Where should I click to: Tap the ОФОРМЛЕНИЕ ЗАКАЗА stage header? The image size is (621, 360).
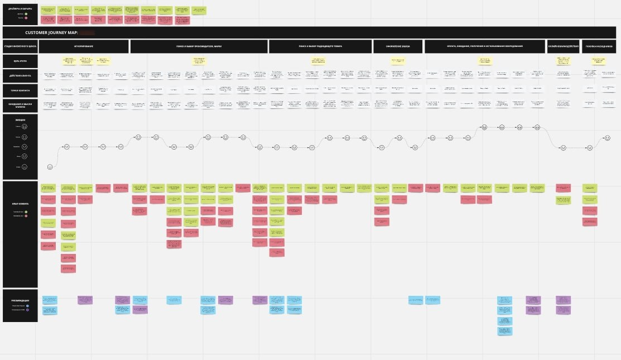tap(398, 46)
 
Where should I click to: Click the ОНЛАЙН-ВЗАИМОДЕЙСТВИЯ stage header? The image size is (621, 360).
tap(564, 46)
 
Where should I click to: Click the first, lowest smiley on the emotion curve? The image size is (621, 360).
tap(50, 167)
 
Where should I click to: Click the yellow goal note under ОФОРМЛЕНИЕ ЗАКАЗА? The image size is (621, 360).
tap(398, 60)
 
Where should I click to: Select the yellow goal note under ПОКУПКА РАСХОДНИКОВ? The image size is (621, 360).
tap(599, 60)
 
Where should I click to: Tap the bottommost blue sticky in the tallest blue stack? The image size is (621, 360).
tap(504, 331)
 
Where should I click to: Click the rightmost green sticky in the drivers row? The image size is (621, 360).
tap(198, 10)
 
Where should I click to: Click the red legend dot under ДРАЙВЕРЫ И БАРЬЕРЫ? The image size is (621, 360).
tap(25, 18)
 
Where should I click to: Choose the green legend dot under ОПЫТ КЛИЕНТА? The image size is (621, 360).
tap(25, 212)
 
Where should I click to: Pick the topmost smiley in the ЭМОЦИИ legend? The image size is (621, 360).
tap(25, 127)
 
